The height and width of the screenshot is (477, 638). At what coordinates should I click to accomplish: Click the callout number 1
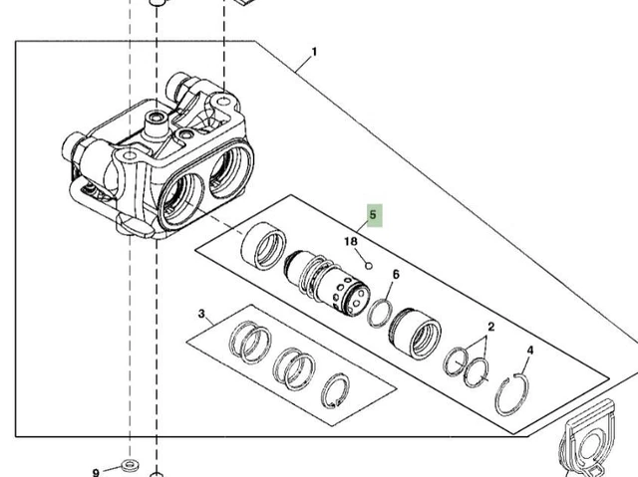pos(314,53)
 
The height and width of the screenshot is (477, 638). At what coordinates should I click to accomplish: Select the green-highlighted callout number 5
pos(374,214)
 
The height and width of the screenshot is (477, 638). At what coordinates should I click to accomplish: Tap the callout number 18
pos(351,242)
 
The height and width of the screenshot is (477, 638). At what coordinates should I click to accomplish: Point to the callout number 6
pos(396,275)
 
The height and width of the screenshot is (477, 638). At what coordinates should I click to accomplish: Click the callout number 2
pos(490,327)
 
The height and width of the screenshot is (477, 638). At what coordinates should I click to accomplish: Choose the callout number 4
pos(529,352)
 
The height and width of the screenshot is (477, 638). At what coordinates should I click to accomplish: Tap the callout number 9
pos(97,471)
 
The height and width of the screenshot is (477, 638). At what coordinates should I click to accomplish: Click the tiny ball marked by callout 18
pos(368,266)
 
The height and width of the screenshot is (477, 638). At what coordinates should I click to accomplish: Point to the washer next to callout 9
pos(128,465)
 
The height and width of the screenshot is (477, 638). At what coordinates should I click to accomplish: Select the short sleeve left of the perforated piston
pos(263,249)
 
